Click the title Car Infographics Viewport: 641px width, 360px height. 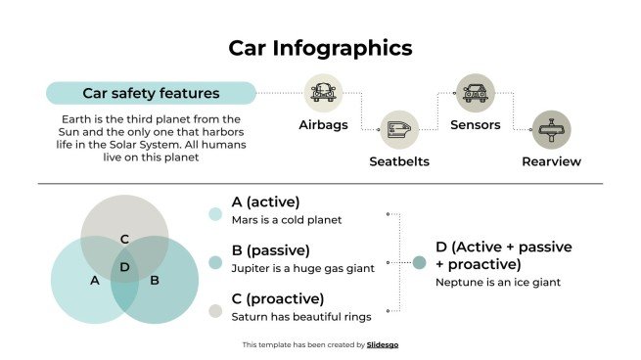[320, 48]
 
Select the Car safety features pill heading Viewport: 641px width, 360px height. [151, 94]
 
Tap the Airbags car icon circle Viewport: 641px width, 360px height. [323, 93]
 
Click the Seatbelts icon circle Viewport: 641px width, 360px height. [399, 129]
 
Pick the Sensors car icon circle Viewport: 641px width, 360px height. [475, 93]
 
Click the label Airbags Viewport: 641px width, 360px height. [323, 125]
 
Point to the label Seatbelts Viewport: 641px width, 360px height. [399, 161]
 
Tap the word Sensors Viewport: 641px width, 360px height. [475, 125]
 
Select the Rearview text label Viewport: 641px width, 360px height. [551, 161]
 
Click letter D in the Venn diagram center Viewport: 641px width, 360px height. [124, 267]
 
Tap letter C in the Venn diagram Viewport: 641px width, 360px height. [124, 239]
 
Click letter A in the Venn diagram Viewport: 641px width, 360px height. [95, 281]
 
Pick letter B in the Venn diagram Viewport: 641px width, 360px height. [155, 281]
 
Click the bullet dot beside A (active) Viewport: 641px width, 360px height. [215, 213]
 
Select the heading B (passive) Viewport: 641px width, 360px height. [270, 250]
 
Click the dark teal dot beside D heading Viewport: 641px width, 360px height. [419, 262]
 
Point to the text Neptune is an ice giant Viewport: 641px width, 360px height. [496, 283]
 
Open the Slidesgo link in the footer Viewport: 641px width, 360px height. [384, 344]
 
